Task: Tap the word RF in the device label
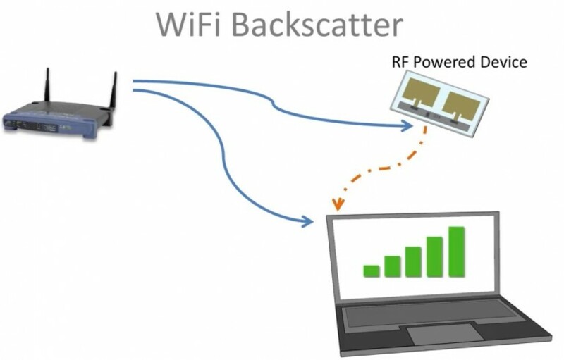400,62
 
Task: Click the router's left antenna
48,88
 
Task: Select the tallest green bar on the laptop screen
456,252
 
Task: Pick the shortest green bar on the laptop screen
372,271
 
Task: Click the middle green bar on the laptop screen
413,261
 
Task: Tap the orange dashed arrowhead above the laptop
339,205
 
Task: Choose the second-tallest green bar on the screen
434,256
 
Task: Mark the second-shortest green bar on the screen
392,266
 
